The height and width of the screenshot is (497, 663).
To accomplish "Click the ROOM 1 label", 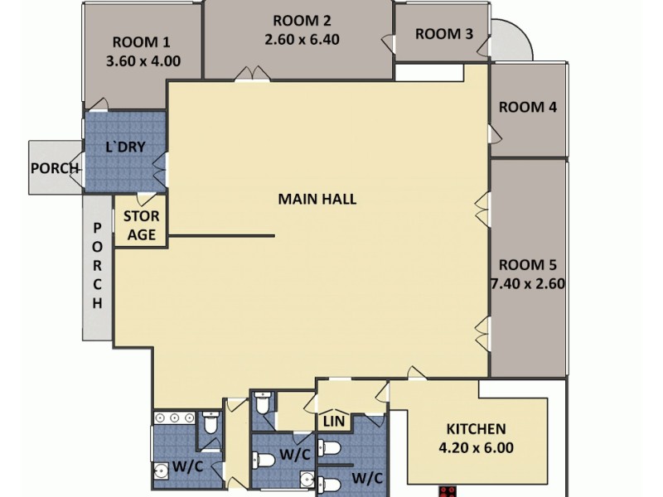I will click(x=141, y=43).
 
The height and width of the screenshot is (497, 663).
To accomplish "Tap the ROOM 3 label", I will click(x=444, y=34).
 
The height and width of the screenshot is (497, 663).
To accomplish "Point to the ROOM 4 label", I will click(x=528, y=107).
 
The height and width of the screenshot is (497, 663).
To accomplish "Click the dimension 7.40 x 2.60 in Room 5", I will click(x=528, y=283).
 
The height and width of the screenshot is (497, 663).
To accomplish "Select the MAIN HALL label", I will click(x=317, y=199).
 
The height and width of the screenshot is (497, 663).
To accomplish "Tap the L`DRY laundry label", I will click(x=126, y=147).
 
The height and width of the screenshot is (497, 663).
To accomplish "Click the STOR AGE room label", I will click(x=141, y=225).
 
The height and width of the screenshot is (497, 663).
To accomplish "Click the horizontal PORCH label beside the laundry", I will click(x=55, y=168).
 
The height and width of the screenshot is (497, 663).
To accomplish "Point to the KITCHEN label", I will click(x=477, y=429).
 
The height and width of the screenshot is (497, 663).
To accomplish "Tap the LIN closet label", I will click(x=334, y=422).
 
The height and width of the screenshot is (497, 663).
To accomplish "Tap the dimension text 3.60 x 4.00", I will click(x=143, y=60).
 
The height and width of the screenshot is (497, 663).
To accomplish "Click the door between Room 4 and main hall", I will click(x=492, y=133).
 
